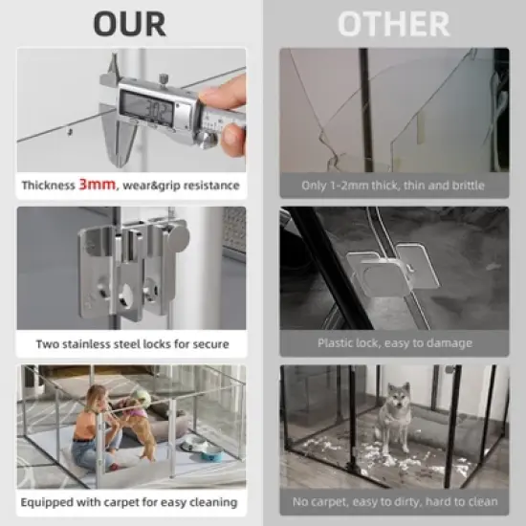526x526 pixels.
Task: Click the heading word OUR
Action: click(130, 23)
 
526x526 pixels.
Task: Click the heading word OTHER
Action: click(394, 23)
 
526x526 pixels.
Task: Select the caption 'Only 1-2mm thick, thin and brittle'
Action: click(394, 185)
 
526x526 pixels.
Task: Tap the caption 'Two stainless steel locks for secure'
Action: click(131, 343)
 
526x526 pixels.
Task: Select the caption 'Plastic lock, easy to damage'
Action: click(394, 343)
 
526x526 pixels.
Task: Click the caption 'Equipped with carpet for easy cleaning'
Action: click(131, 502)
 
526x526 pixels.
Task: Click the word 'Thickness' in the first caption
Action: click(49, 185)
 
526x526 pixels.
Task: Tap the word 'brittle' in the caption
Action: click(466, 185)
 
